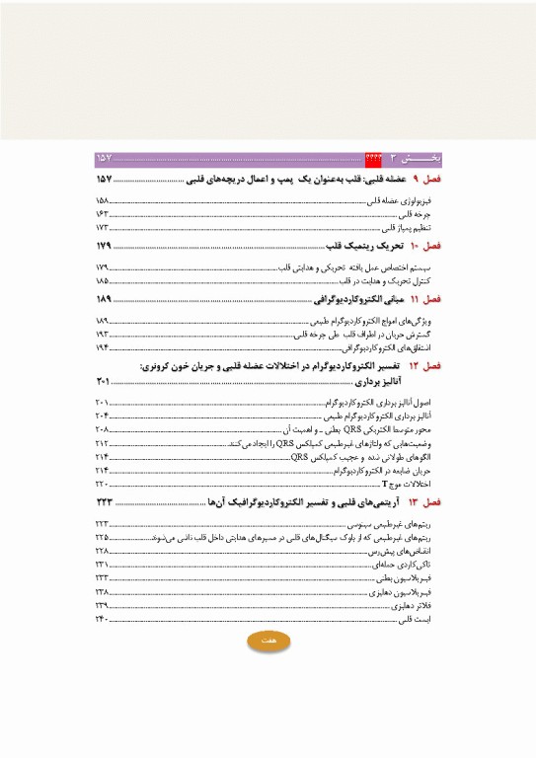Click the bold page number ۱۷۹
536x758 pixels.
[x=107, y=244]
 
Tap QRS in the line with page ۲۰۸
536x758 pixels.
[x=338, y=430]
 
